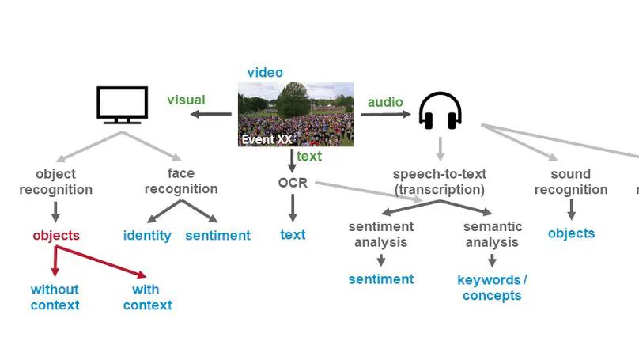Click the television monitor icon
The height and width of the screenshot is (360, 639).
point(122,105)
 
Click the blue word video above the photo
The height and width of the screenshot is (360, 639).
point(265,73)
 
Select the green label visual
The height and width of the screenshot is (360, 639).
point(186,100)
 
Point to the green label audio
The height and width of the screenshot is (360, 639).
point(385,102)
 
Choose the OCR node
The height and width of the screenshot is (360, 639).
point(292,183)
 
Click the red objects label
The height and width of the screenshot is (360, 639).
point(56,235)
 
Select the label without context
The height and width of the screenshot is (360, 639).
point(55,297)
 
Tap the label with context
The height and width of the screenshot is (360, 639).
point(147,297)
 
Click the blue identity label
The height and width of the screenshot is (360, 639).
point(147,235)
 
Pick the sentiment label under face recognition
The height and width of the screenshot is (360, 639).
point(217,235)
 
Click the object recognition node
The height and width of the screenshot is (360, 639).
point(56,181)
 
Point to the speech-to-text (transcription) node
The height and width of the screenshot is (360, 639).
point(440,181)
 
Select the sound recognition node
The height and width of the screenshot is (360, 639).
point(571,181)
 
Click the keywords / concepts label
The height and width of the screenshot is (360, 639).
point(492,287)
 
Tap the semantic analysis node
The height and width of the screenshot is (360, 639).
point(492,234)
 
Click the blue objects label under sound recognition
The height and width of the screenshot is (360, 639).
point(571,233)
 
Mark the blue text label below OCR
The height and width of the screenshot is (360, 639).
point(293,234)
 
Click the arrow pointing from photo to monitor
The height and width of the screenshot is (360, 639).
point(211,115)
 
